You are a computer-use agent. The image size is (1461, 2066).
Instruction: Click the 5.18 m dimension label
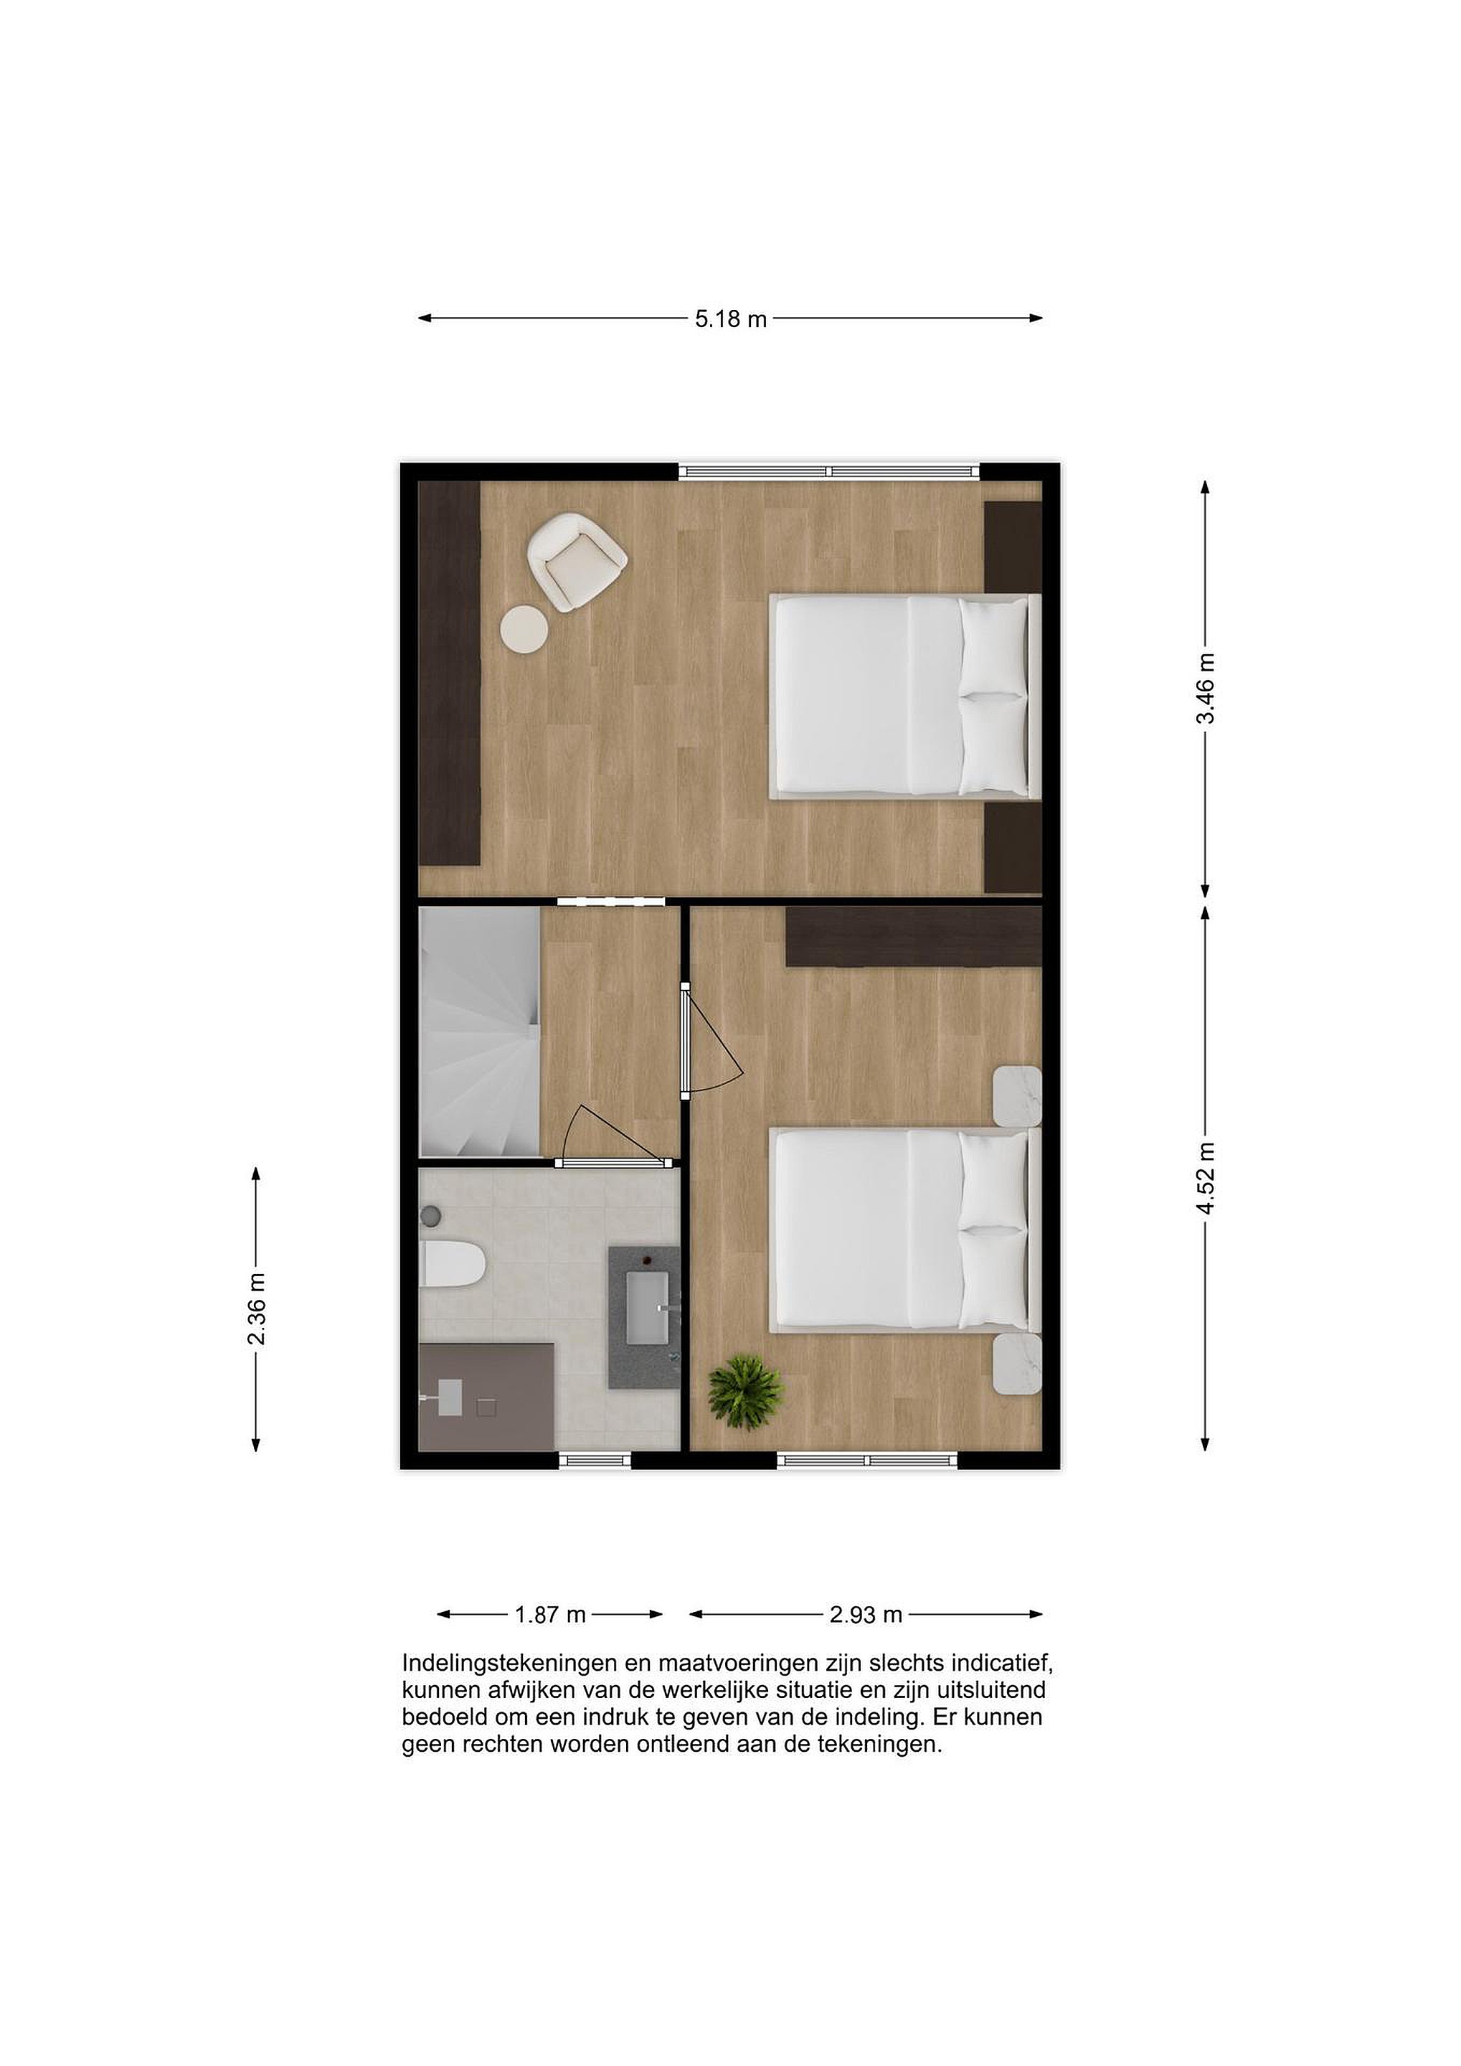click(729, 319)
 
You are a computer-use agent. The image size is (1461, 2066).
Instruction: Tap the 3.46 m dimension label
click(1206, 689)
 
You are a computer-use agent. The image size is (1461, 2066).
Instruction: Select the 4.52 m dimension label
click(1206, 1178)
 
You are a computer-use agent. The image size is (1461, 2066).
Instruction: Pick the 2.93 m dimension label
click(866, 1614)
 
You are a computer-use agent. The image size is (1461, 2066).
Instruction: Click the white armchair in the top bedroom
click(576, 562)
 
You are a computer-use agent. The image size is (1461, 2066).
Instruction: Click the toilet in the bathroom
click(453, 1263)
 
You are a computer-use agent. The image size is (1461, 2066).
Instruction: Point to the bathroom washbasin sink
click(648, 1308)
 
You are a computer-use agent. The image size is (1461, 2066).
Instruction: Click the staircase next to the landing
click(480, 1031)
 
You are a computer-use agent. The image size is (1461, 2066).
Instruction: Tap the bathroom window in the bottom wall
click(595, 1461)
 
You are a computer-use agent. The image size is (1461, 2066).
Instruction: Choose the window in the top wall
click(828, 471)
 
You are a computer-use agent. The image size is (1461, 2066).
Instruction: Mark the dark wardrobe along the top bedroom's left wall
click(450, 673)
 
